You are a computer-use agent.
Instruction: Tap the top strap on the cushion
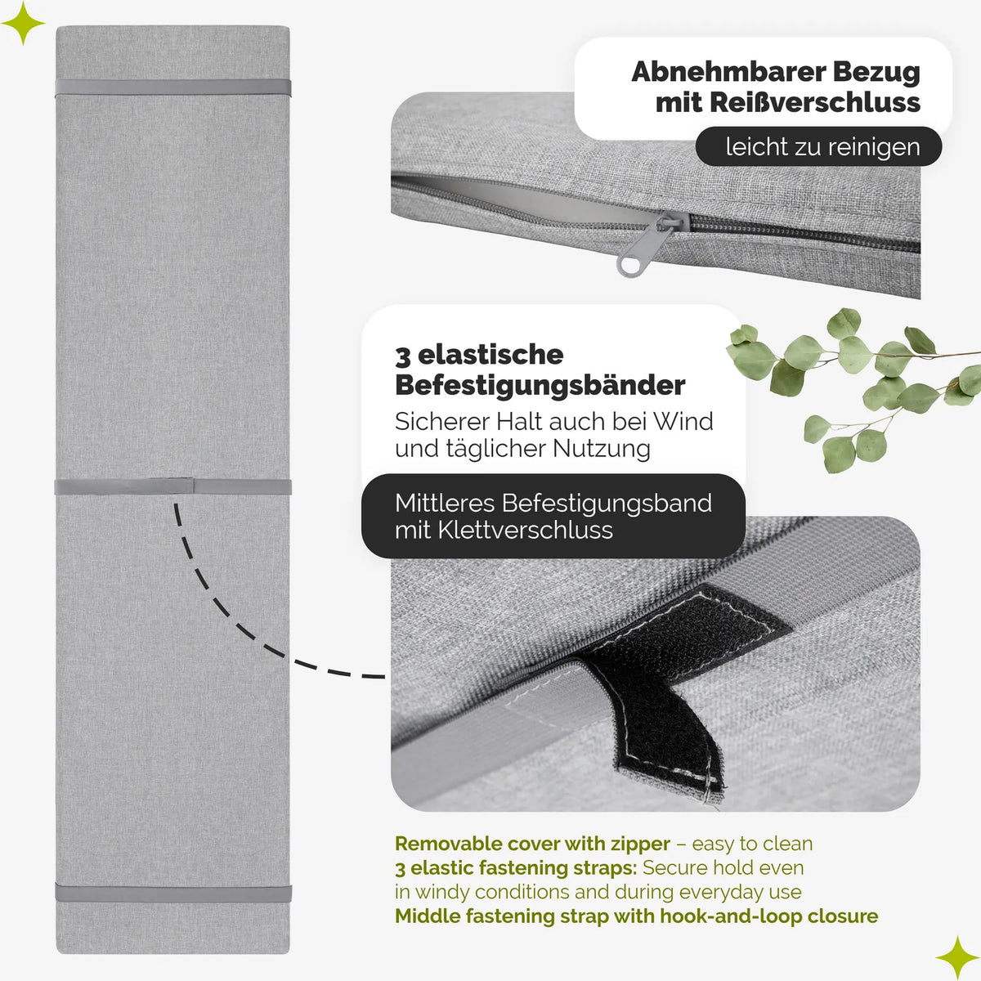(173, 87)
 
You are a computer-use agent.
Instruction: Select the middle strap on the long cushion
(173, 486)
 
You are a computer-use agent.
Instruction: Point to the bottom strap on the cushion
(173, 893)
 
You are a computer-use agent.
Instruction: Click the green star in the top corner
(23, 23)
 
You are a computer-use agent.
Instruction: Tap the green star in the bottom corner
(958, 957)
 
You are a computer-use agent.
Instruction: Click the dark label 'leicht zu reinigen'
(818, 146)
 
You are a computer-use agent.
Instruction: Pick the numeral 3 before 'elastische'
(402, 356)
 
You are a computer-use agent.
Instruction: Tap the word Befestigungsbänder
(540, 386)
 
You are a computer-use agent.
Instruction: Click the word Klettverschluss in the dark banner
(525, 530)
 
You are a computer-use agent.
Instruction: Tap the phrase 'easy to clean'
(752, 844)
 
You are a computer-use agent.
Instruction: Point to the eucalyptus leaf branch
(853, 389)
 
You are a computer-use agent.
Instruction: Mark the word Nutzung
(601, 449)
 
